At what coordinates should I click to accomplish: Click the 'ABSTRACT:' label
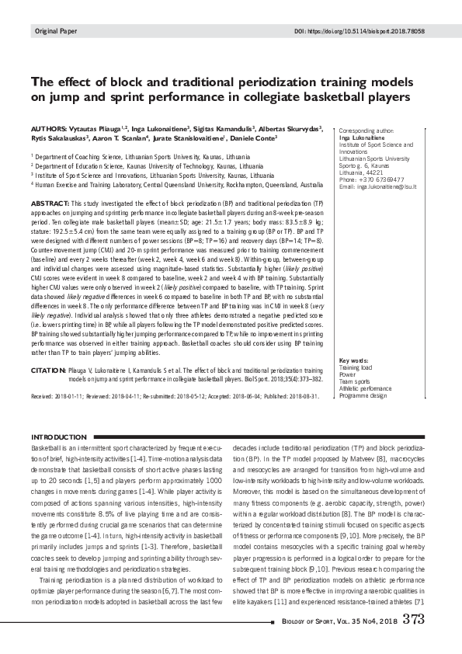49,201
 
